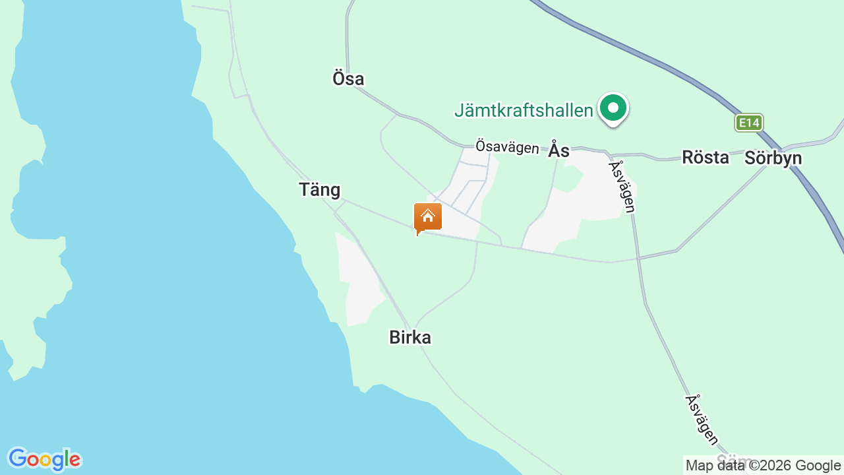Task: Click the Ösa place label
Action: (348, 79)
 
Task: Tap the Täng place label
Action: (320, 190)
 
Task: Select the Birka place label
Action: (410, 338)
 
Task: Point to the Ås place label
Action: (558, 150)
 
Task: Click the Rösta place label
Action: (706, 158)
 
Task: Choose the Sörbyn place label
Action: (773, 158)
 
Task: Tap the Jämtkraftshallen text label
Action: (524, 110)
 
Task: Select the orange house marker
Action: (428, 218)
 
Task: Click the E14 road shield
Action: (750, 123)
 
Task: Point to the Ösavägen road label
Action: (507, 146)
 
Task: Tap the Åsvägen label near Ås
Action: (622, 187)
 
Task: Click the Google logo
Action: (44, 459)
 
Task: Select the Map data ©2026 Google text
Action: (763, 465)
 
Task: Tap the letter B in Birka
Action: (395, 338)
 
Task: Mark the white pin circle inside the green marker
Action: (613, 107)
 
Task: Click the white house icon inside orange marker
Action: (428, 215)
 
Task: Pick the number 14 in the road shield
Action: (754, 123)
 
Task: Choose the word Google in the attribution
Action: (818, 465)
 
